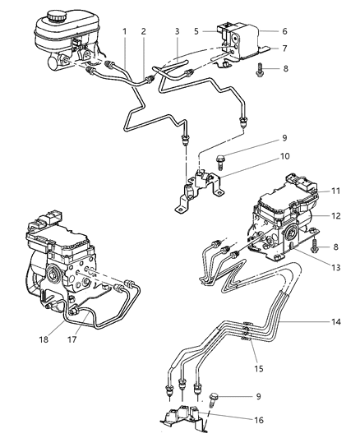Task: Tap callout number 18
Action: tap(48, 337)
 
